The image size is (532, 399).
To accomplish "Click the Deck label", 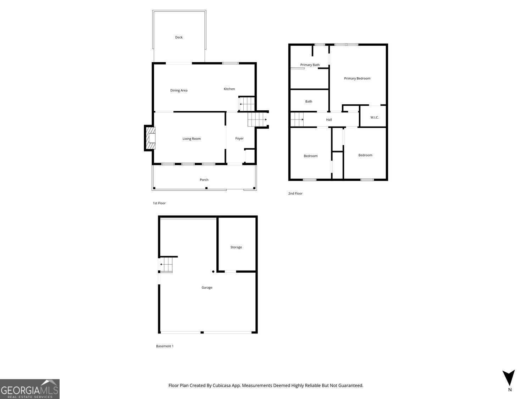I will tap(179, 37).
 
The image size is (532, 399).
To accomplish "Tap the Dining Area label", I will tap(179, 90).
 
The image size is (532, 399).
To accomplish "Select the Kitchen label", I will tap(229, 89).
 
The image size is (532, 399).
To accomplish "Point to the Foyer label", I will tap(239, 138).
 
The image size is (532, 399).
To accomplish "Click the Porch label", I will tap(204, 180).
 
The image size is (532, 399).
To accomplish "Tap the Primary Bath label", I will tap(310, 65).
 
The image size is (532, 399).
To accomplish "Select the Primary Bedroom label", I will tap(357, 78).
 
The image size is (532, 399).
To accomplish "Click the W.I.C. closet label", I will tap(375, 117).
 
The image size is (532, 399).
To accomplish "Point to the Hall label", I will tap(329, 120).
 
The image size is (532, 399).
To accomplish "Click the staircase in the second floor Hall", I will tap(297, 119).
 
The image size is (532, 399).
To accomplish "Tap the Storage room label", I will tap(236, 247).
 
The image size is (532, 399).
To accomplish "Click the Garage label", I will tap(207, 288).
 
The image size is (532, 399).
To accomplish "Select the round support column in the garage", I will tap(213, 272).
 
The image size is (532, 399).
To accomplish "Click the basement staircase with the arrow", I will tap(166, 265).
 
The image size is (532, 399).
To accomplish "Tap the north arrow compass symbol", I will tap(509, 378).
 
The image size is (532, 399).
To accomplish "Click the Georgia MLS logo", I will tap(30, 389).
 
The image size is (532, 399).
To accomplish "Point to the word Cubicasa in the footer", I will tap(221, 386).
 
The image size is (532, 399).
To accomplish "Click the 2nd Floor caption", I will tap(295, 194).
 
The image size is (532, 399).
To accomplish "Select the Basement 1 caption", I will tap(165, 346).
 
